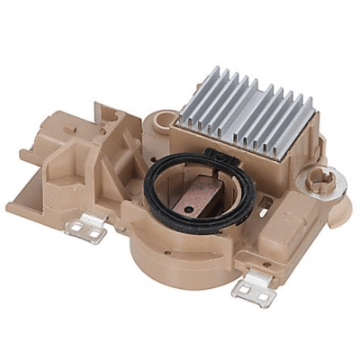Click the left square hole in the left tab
tap(76, 229)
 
